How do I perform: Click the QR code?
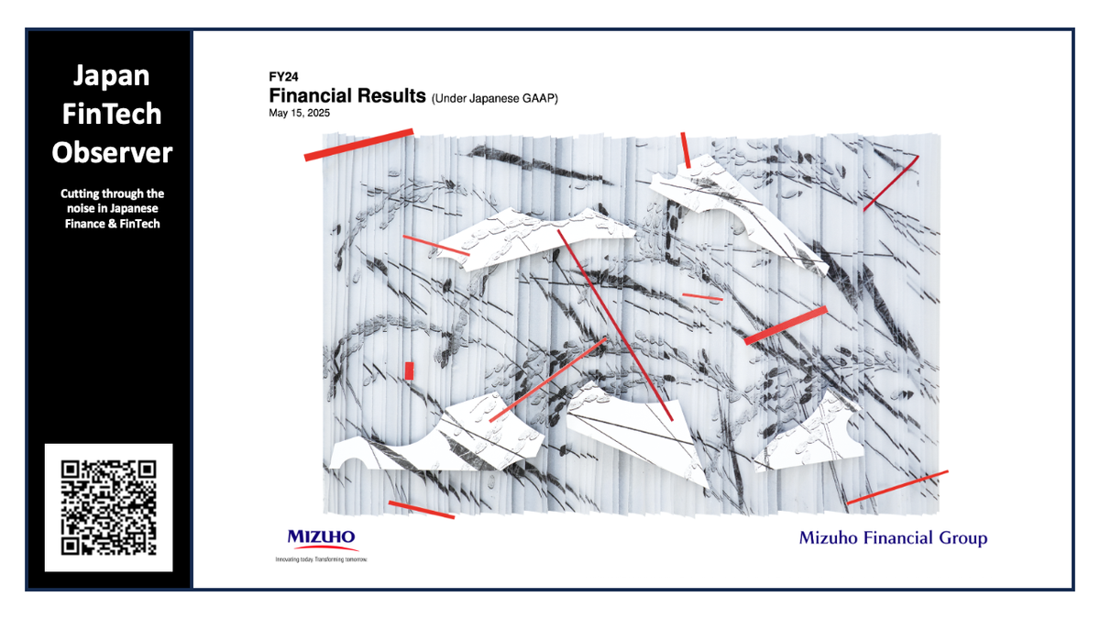108,507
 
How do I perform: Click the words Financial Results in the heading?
347,96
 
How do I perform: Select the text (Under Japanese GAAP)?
494,98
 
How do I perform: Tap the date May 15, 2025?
300,114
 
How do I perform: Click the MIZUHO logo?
322,537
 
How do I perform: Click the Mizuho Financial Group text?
893,538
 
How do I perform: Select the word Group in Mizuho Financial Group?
961,538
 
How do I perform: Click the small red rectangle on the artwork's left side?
410,370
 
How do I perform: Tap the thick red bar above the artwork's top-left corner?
359,145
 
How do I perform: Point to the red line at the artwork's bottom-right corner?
897,487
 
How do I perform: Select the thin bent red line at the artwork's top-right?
891,182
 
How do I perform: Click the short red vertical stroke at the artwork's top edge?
686,149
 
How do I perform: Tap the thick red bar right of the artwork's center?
786,326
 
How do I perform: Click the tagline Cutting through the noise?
112,208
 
